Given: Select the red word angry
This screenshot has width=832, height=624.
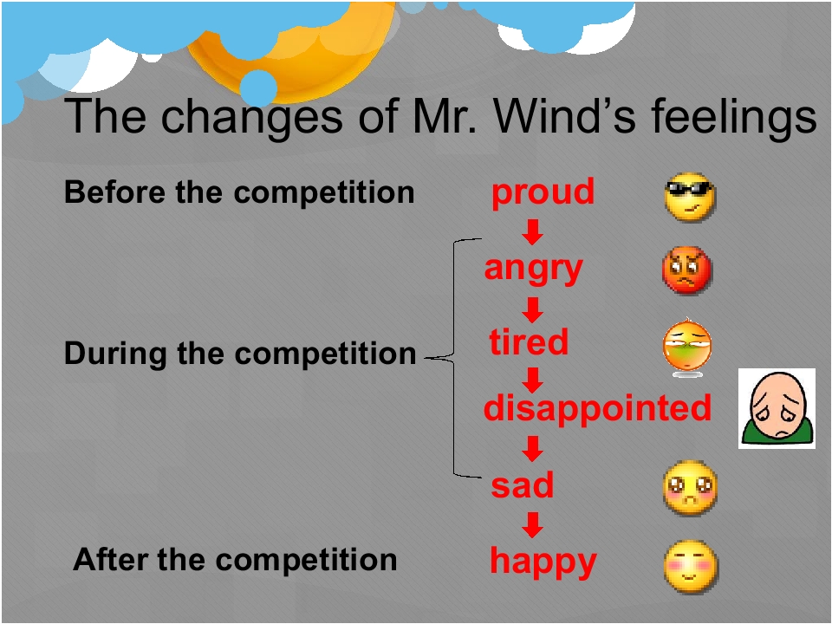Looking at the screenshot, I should (x=533, y=269).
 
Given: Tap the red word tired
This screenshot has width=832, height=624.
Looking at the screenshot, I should (x=529, y=342).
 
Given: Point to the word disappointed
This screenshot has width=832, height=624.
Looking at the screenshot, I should (x=597, y=407).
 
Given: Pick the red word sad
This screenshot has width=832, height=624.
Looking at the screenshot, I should (x=523, y=485).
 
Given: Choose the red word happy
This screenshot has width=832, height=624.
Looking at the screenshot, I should (x=543, y=562).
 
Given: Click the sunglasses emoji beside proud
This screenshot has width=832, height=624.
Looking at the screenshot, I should (x=691, y=197).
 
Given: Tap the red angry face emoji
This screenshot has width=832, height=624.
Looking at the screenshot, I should (x=686, y=270).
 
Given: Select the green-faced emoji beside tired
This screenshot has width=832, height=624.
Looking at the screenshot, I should (x=686, y=348).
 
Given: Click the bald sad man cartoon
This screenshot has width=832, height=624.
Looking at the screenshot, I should (x=777, y=407).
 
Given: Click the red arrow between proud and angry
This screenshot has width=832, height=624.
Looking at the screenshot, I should (x=534, y=232).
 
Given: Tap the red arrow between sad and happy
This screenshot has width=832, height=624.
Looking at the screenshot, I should (x=534, y=525).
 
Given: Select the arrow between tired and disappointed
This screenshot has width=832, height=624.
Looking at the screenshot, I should (x=534, y=380).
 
